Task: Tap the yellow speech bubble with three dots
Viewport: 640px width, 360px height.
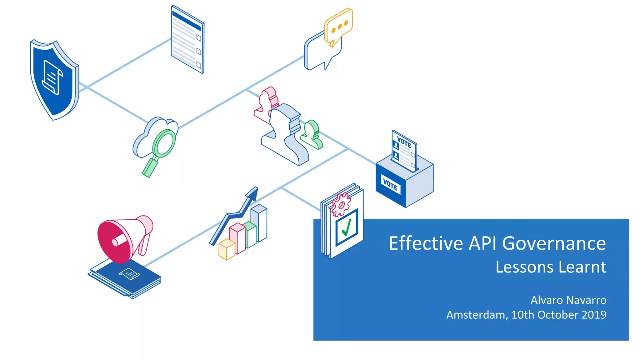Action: pyautogui.click(x=338, y=26)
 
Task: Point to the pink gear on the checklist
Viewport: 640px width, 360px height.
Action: pyautogui.click(x=341, y=205)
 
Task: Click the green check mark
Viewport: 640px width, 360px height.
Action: pyautogui.click(x=347, y=227)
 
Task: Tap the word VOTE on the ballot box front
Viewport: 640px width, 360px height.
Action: pyautogui.click(x=390, y=184)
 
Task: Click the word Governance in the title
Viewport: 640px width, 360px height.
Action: pyautogui.click(x=554, y=243)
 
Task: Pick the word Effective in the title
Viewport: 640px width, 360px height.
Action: pyautogui.click(x=426, y=243)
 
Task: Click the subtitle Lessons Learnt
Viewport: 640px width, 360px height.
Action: pyautogui.click(x=551, y=267)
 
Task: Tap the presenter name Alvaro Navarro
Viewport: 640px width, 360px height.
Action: pyautogui.click(x=568, y=300)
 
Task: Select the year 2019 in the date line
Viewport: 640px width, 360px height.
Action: pyautogui.click(x=594, y=315)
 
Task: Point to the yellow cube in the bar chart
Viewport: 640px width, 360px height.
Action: pyautogui.click(x=227, y=249)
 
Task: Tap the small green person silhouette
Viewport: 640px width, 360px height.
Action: pyautogui.click(x=311, y=134)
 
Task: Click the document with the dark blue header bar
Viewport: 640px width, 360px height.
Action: pyautogui.click(x=187, y=39)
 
